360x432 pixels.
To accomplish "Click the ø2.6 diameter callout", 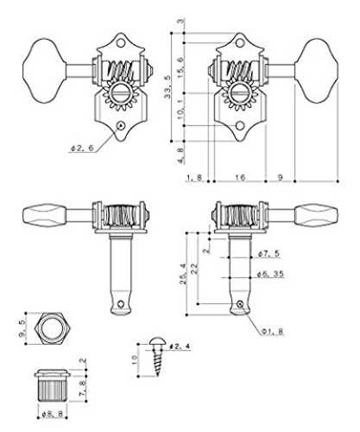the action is (x=82, y=148).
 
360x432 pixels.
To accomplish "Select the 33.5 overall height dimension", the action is (x=167, y=86).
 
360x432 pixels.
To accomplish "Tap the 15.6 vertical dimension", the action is (x=180, y=67).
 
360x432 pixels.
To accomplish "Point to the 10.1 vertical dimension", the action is (x=180, y=110).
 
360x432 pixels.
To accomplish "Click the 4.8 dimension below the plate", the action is (x=180, y=156).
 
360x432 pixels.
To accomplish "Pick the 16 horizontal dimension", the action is (x=240, y=177).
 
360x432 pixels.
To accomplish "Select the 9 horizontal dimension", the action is (x=280, y=177).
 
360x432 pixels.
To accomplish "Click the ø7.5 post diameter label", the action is (x=268, y=254).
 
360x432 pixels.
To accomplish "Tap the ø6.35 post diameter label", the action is (x=270, y=274).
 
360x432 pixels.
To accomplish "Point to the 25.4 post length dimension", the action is (x=183, y=274).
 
